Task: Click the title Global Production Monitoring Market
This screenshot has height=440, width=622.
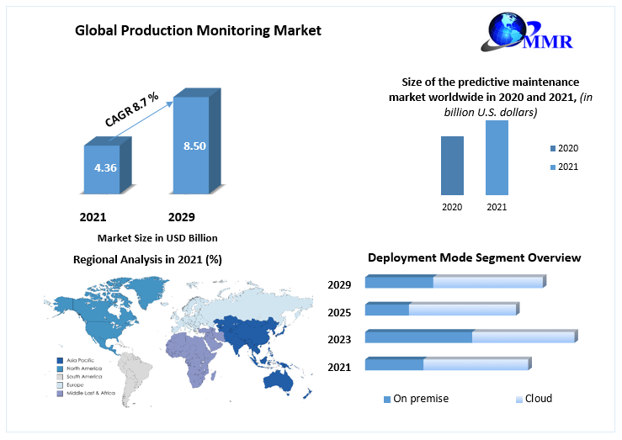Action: coord(198,31)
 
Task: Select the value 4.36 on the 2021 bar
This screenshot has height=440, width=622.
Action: coord(105,167)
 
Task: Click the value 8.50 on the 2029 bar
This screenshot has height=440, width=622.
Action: coord(194,146)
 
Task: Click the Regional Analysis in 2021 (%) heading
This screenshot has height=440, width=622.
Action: coord(147,259)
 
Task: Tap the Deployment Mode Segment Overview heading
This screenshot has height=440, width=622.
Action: coord(474,257)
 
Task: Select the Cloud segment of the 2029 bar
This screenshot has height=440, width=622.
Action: coord(488,282)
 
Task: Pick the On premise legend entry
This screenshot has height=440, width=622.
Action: coord(416,399)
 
